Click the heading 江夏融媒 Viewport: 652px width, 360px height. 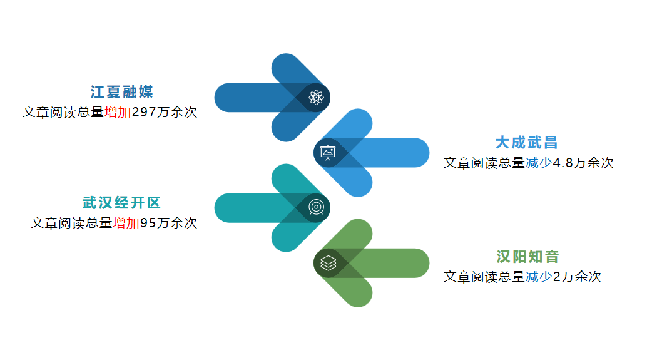pyautogui.click(x=122, y=92)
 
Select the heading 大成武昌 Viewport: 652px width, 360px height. pyautogui.click(x=526, y=142)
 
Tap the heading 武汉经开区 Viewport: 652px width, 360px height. pyautogui.click(x=121, y=203)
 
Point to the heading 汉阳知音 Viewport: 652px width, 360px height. pyautogui.click(x=527, y=256)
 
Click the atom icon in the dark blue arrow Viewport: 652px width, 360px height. pyautogui.click(x=316, y=98)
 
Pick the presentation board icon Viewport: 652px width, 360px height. pyautogui.click(x=328, y=153)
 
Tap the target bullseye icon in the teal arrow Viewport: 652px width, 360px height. pyautogui.click(x=316, y=207)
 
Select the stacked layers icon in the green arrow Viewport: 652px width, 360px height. pyautogui.click(x=328, y=262)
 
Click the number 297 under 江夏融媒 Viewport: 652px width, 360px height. pyautogui.click(x=144, y=112)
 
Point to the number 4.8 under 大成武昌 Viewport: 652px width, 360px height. pyautogui.click(x=563, y=163)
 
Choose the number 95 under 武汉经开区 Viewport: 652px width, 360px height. pyautogui.click(x=148, y=223)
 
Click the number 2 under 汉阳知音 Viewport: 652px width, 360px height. pyautogui.click(x=557, y=277)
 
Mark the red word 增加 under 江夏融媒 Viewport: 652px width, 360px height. pyautogui.click(x=118, y=112)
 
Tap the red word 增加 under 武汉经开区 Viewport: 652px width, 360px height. pyautogui.click(x=126, y=223)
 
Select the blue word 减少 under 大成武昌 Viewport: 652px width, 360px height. pyautogui.click(x=539, y=163)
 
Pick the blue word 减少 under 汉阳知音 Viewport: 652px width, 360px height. pyautogui.click(x=539, y=277)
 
